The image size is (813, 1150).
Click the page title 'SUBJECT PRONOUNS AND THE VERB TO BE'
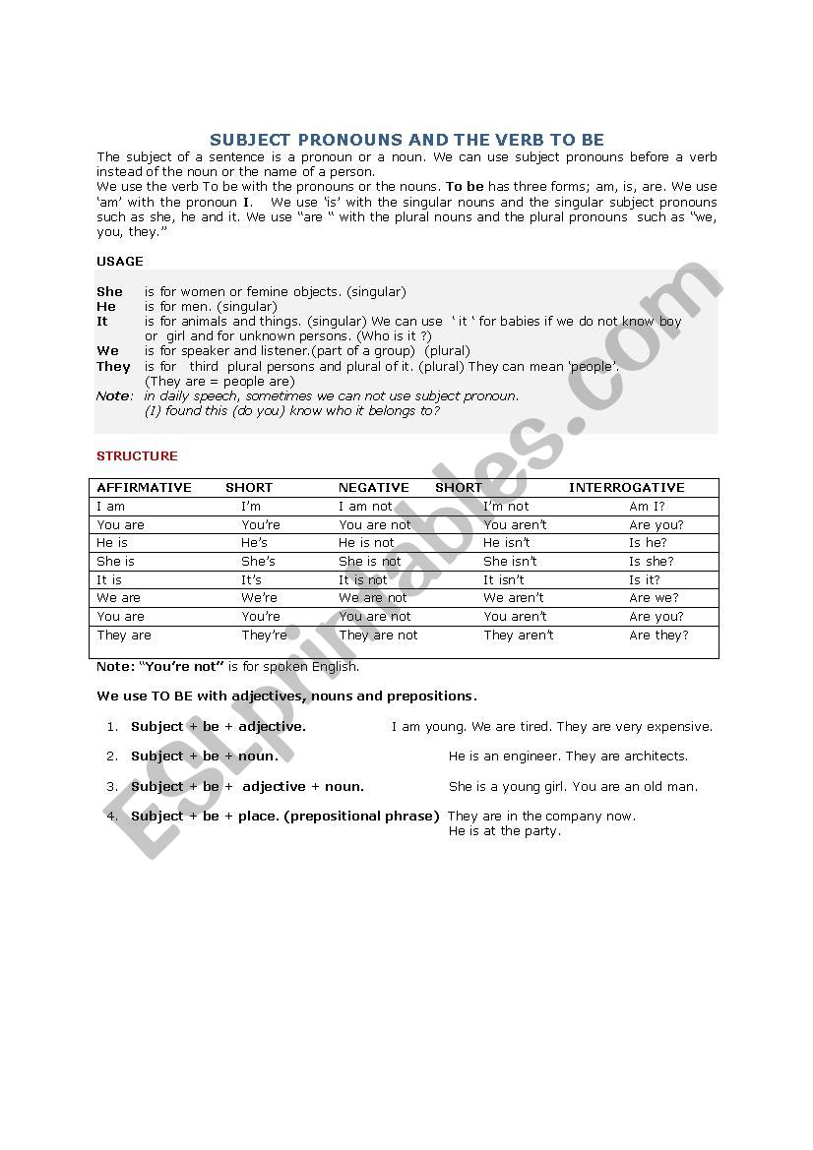(406, 140)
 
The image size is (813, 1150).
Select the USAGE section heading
(120, 262)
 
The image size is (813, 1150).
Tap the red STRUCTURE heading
(137, 456)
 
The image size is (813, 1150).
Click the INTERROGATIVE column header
(626, 488)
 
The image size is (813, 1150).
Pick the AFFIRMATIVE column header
(144, 488)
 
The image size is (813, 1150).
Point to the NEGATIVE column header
(373, 488)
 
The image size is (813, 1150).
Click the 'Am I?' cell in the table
(647, 507)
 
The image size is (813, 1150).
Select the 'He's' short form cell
(254, 543)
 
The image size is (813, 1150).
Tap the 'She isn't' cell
(510, 562)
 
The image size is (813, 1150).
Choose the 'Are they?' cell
(658, 636)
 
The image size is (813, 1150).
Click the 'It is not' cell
(362, 580)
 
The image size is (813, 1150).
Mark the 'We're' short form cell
(259, 598)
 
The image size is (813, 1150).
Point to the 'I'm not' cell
(506, 507)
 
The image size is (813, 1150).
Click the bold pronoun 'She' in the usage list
(109, 292)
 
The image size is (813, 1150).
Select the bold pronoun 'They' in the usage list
(113, 367)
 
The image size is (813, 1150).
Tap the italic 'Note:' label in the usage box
(114, 396)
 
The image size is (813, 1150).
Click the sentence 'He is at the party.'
(504, 831)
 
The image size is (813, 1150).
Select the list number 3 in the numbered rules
(112, 787)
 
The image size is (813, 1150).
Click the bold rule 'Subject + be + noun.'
(205, 757)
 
